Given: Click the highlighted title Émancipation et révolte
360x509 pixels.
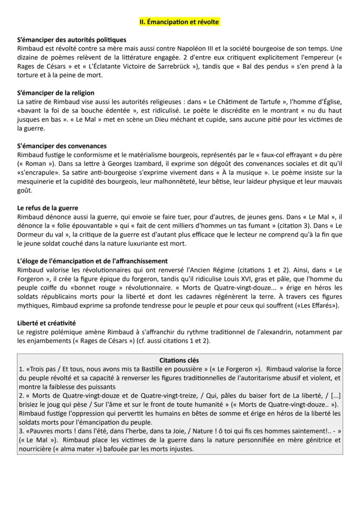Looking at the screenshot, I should click(x=180, y=22).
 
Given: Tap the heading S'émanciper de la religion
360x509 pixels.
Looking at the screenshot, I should click(x=56, y=93).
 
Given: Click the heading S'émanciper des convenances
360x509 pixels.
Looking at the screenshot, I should click(x=62, y=146).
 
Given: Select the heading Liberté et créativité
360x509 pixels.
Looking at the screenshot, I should click(x=46, y=323).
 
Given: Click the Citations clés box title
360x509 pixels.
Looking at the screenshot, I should click(x=179, y=360).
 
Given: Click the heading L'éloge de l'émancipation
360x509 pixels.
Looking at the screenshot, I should click(x=92, y=261).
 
